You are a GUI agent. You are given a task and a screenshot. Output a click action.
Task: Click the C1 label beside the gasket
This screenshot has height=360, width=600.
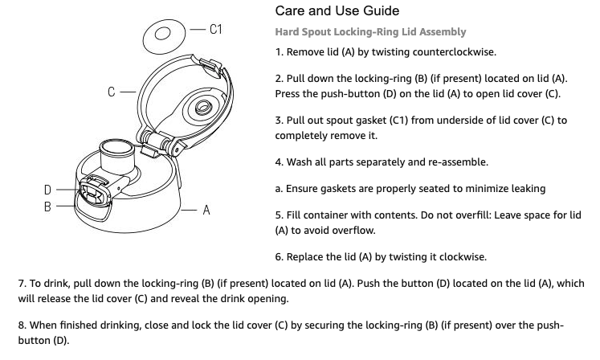[214, 30]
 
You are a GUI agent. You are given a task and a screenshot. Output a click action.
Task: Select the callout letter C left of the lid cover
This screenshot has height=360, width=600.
[112, 91]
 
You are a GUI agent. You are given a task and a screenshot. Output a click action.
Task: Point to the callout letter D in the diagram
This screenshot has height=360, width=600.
[49, 190]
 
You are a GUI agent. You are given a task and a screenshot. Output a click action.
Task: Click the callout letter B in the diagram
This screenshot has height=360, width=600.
[49, 207]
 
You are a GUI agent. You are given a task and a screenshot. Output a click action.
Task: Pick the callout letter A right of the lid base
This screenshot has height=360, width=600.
[206, 210]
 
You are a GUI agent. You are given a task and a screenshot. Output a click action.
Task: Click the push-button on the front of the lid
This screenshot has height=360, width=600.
[91, 193]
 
